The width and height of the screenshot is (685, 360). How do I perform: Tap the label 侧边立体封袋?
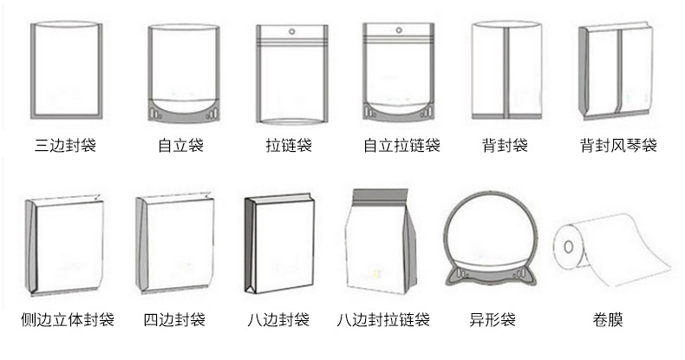(68, 320)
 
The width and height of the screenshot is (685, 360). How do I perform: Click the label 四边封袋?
(174, 320)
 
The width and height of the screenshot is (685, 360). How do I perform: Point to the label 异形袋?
(492, 320)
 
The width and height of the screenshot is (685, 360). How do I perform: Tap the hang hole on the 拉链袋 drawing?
(291, 33)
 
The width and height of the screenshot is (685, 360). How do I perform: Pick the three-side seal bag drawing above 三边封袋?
(67, 70)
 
